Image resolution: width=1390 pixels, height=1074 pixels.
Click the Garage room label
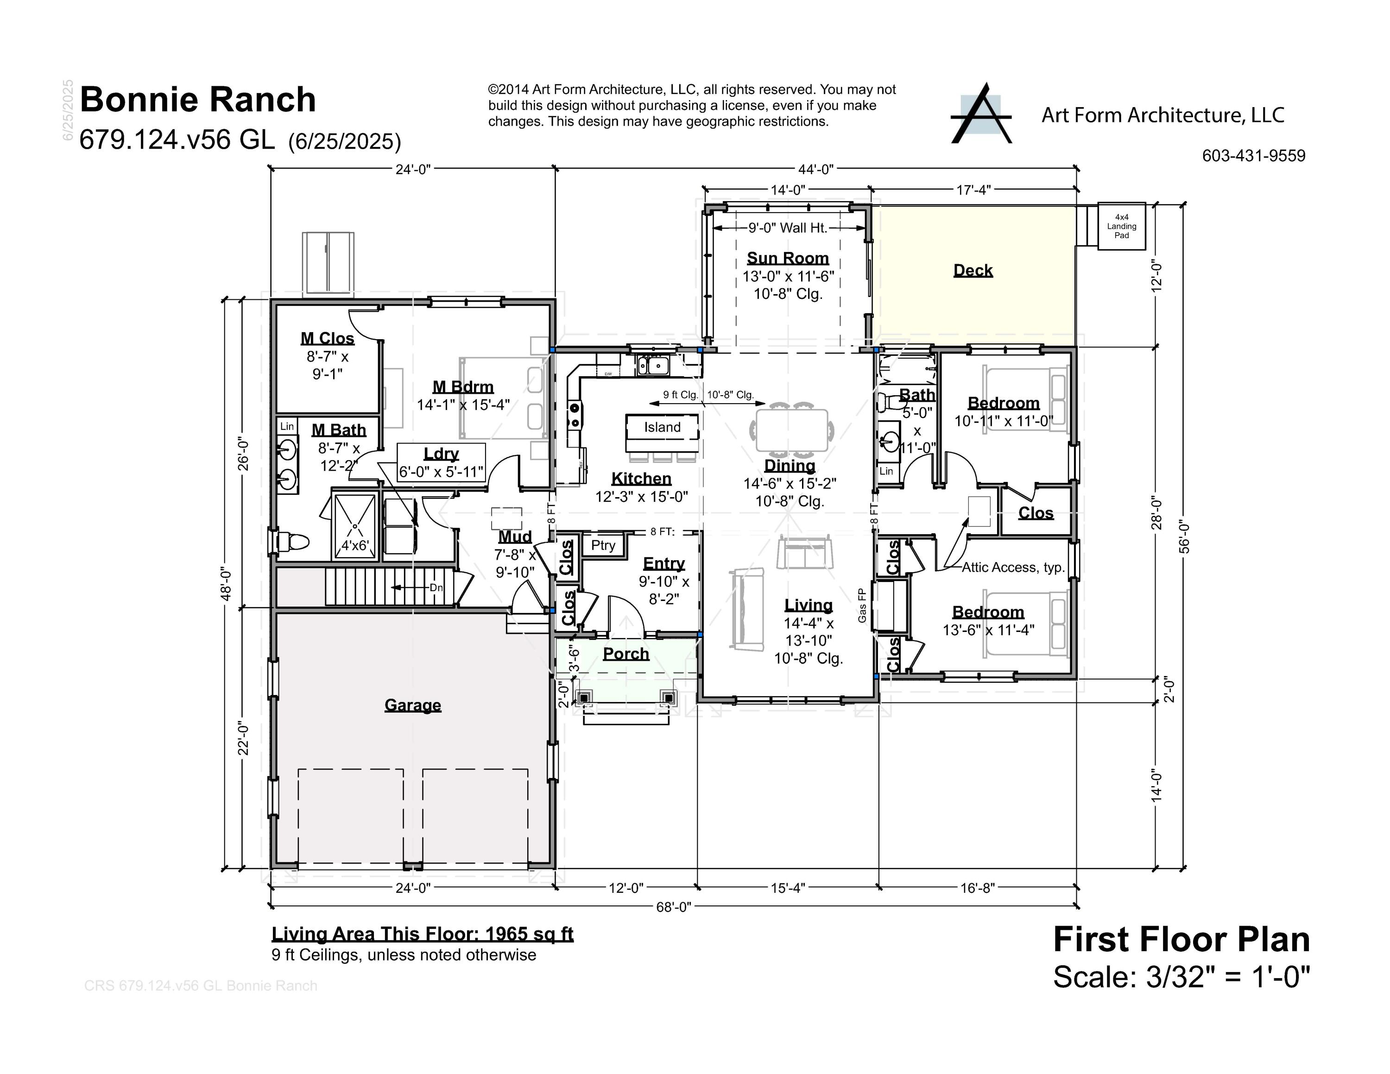[412, 705]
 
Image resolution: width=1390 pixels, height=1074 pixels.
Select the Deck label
[973, 271]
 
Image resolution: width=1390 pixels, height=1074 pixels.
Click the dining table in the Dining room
[792, 430]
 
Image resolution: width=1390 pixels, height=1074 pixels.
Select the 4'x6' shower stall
[354, 527]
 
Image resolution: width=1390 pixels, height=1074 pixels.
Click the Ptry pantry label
[603, 545]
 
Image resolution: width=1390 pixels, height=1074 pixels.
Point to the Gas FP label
[862, 605]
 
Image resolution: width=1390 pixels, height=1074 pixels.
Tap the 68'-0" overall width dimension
[673, 907]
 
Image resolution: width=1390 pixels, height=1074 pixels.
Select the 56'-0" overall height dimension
[1184, 537]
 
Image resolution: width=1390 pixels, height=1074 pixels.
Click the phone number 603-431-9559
[1253, 156]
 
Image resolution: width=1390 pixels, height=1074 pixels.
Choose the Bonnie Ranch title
[197, 100]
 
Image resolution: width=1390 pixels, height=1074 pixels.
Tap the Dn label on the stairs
[436, 587]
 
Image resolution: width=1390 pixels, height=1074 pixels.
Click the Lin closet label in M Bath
[287, 426]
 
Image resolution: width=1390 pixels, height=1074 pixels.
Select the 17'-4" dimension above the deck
[973, 190]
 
